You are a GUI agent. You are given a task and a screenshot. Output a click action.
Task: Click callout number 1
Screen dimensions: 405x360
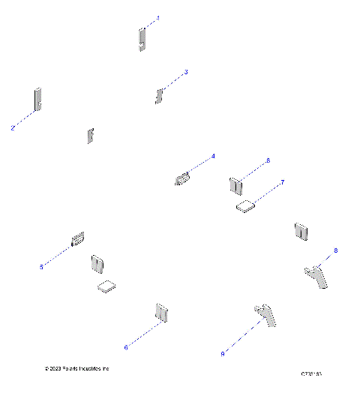pyautogui.click(x=157, y=17)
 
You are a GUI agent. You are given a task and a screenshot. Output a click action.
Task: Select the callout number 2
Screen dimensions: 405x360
pyautogui.click(x=13, y=128)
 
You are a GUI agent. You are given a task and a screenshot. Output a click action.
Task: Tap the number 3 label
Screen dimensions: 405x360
pyautogui.click(x=186, y=72)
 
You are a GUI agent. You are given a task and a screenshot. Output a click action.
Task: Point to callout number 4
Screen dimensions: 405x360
pyautogui.click(x=213, y=156)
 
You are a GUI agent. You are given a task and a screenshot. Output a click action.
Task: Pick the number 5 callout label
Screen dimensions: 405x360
pyautogui.click(x=41, y=266)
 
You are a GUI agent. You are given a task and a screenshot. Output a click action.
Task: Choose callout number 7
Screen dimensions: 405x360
pyautogui.click(x=283, y=182)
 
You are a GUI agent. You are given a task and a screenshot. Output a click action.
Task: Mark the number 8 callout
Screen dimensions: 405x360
pyautogui.click(x=336, y=250)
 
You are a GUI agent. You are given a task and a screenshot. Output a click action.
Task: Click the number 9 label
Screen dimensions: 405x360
pyautogui.click(x=223, y=353)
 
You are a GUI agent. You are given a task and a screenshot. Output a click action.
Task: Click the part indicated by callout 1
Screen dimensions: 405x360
pyautogui.click(x=141, y=39)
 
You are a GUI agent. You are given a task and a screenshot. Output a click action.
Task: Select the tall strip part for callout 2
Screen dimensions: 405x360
pyautogui.click(x=37, y=99)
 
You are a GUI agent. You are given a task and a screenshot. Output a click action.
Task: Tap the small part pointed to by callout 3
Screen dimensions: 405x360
pyautogui.click(x=159, y=95)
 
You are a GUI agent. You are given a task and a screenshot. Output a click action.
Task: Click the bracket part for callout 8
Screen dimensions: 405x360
pyautogui.click(x=315, y=274)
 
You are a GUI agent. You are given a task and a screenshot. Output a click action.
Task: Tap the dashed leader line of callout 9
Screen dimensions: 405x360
pyautogui.click(x=241, y=336)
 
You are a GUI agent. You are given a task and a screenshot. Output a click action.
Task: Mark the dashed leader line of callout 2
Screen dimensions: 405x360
pyautogui.click(x=23, y=119)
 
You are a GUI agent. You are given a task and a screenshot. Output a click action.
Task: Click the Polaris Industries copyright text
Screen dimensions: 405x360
pyautogui.click(x=77, y=369)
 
